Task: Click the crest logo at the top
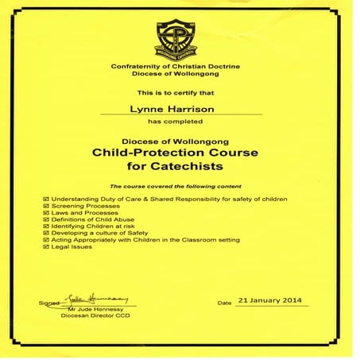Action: pyautogui.click(x=176, y=39)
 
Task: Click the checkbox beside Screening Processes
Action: pyautogui.click(x=45, y=204)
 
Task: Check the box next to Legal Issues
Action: pyautogui.click(x=45, y=246)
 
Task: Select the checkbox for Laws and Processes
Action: pyautogui.click(x=45, y=211)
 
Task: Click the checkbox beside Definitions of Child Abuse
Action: pyautogui.click(x=45, y=219)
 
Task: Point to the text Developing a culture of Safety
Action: pyautogui.click(x=93, y=233)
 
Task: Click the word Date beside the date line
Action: pyautogui.click(x=224, y=303)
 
